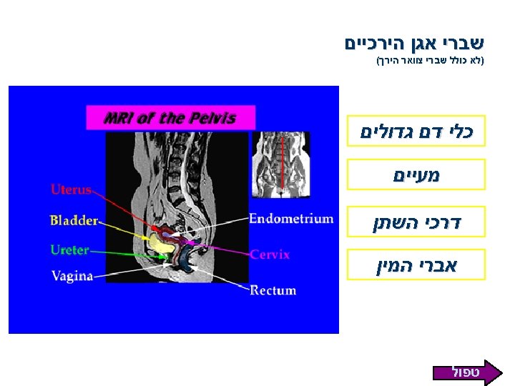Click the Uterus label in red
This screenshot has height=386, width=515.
71,189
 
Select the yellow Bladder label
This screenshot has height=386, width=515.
73,220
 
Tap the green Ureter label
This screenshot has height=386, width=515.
70,250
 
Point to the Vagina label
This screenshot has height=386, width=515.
72,275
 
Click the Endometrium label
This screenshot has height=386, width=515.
291,219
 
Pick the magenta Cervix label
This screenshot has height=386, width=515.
270,254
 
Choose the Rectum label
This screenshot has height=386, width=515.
273,290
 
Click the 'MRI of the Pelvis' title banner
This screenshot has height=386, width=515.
170,118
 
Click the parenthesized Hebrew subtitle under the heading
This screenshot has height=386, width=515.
430,62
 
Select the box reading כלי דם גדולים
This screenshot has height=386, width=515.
417,132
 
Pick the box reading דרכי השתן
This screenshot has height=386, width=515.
417,222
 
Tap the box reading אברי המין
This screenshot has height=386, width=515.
417,266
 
